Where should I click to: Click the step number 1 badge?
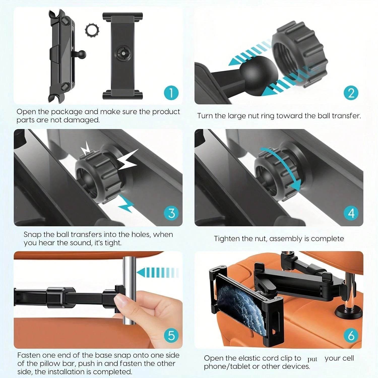click(171, 92)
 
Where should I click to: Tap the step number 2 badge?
click(351, 92)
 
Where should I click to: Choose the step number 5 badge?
click(171, 335)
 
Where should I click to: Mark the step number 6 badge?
click(351, 335)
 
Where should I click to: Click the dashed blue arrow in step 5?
click(157, 273)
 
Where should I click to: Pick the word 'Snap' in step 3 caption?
click(32, 235)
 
